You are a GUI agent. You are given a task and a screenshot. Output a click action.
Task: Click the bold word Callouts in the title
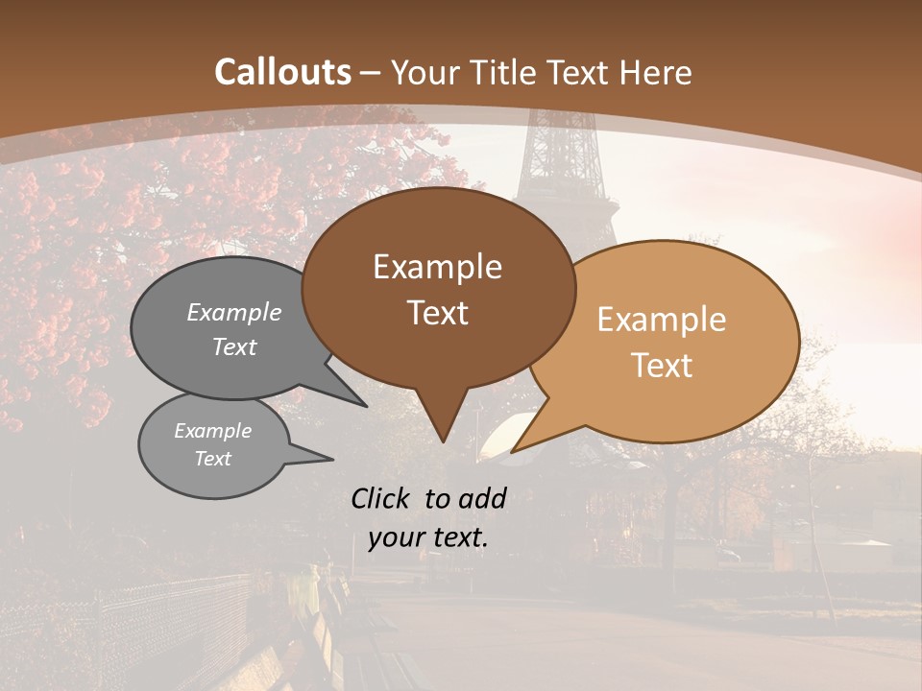click(x=282, y=72)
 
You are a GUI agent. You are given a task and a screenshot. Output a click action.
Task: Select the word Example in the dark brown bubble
click(x=437, y=267)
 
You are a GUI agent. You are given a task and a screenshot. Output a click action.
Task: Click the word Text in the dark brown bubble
click(x=437, y=313)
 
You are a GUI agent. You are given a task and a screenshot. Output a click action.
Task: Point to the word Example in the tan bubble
click(x=662, y=320)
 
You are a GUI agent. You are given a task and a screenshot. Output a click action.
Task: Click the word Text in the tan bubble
click(x=662, y=366)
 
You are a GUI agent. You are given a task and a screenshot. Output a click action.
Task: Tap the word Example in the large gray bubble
click(x=234, y=313)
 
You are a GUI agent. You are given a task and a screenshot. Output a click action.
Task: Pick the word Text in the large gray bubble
click(x=234, y=347)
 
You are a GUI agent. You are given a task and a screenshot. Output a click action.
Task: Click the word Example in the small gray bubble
click(x=212, y=431)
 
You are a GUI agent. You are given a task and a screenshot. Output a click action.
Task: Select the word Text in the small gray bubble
click(x=212, y=459)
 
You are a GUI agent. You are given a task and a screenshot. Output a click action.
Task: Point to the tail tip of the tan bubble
click(x=513, y=451)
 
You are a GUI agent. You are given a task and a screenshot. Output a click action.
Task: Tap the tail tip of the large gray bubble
click(x=366, y=406)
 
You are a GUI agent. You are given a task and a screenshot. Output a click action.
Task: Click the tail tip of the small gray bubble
click(x=332, y=460)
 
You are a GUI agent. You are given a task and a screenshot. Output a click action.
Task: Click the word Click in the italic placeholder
click(x=382, y=498)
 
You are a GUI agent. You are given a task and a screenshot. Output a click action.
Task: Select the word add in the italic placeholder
click(x=481, y=498)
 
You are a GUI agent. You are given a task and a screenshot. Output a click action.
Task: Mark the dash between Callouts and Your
click(x=372, y=72)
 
